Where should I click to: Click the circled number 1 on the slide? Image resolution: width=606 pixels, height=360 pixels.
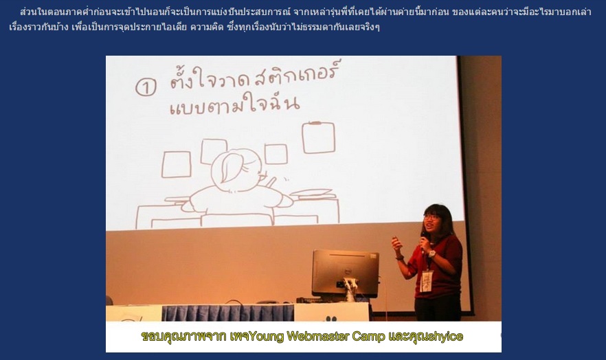click(146, 87)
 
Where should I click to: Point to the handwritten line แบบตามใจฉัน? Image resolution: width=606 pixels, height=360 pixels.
click(234, 104)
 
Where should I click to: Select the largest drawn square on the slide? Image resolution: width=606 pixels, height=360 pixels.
click(319, 137)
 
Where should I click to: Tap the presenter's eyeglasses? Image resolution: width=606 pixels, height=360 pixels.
click(431, 216)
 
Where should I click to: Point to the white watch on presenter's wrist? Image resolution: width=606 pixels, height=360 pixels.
click(431, 254)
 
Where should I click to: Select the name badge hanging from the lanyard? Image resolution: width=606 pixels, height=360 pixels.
click(426, 281)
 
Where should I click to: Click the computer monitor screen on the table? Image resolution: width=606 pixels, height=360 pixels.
click(345, 272)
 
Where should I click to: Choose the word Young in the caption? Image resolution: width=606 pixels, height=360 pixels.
click(267, 337)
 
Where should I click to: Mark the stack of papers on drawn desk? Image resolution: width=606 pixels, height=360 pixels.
click(311, 192)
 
